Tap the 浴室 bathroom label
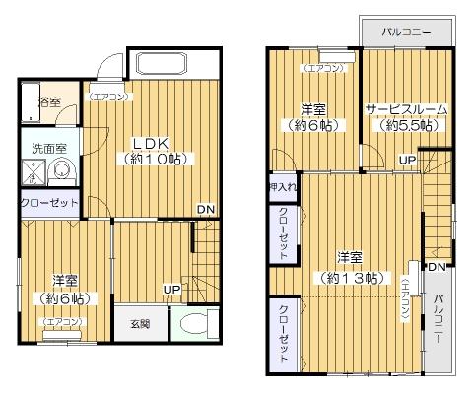click(x=48, y=102)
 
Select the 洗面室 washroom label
click(x=47, y=149)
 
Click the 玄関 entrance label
click(x=140, y=323)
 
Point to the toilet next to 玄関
click(x=194, y=323)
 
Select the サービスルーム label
click(x=406, y=109)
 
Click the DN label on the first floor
click(x=205, y=209)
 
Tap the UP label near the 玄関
click(x=171, y=289)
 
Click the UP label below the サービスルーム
click(x=406, y=159)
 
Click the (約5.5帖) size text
click(x=406, y=126)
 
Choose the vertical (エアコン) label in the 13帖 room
click(x=404, y=299)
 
